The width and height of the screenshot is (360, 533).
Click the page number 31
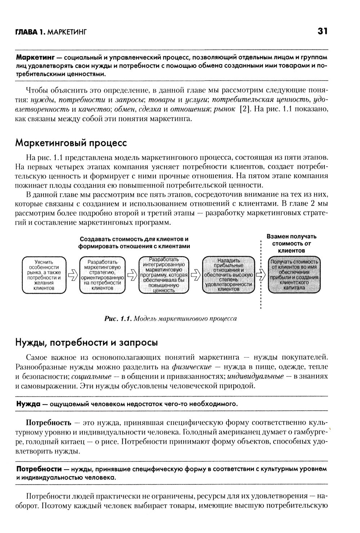pyautogui.click(x=322, y=32)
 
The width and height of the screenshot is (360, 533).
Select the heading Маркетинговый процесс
pyautogui.click(x=71, y=143)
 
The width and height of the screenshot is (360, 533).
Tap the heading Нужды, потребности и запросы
pyautogui.click(x=86, y=342)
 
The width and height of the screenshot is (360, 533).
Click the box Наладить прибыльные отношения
pyautogui.click(x=228, y=275)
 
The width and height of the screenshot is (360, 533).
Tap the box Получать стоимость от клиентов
pyautogui.click(x=294, y=275)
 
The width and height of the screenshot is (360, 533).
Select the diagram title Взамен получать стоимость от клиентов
pyautogui.click(x=291, y=243)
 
